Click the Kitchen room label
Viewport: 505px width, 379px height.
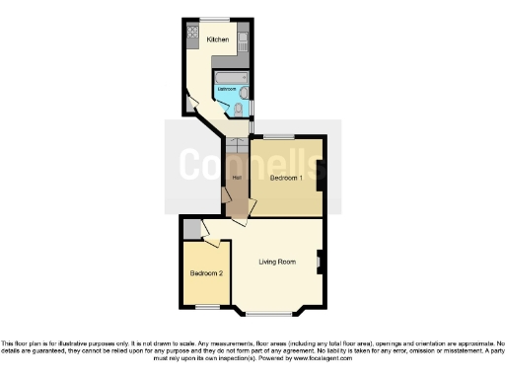point(218,39)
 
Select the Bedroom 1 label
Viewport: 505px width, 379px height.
point(285,177)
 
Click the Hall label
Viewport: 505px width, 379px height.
point(236,178)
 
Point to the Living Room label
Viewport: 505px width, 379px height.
point(277,262)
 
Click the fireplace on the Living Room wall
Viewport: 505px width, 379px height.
point(320,262)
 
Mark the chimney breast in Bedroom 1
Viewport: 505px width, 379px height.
point(320,177)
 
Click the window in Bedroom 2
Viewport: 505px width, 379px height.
point(206,306)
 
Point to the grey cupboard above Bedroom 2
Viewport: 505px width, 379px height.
point(193,229)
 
